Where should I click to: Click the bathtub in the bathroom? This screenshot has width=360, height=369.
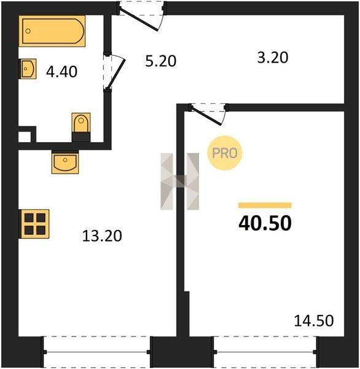coord(52,31)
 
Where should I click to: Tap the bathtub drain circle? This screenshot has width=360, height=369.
coord(28,31)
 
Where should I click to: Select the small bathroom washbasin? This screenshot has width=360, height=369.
coord(28,69)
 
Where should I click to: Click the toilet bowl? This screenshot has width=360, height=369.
coord(81,124)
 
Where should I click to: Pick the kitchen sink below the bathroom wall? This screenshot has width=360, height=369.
coord(65,162)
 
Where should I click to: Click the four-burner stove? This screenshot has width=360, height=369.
coord(34,224)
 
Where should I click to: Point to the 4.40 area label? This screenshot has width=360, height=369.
coord(61,72)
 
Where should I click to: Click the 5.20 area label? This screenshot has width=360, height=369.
coord(160,61)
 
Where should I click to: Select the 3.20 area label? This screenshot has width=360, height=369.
coord(273,58)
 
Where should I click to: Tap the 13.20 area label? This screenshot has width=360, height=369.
coord(102,236)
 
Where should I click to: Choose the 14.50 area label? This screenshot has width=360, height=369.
coord(314,320)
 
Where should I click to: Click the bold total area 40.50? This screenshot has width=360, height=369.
coord(265,223)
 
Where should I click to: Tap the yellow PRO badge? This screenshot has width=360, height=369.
coord(225,153)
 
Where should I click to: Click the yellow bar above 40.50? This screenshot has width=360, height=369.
coord(265,205)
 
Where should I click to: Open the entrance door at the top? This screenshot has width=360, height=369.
coord(142,16)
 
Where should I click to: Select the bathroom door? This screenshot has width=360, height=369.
coord(114,71)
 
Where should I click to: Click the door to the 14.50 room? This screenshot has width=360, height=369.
coord(208,114)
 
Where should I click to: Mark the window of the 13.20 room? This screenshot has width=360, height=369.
coord(96,352)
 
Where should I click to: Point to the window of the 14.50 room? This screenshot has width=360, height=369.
coord(265,352)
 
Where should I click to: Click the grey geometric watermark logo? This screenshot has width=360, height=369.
coord(179,181)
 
